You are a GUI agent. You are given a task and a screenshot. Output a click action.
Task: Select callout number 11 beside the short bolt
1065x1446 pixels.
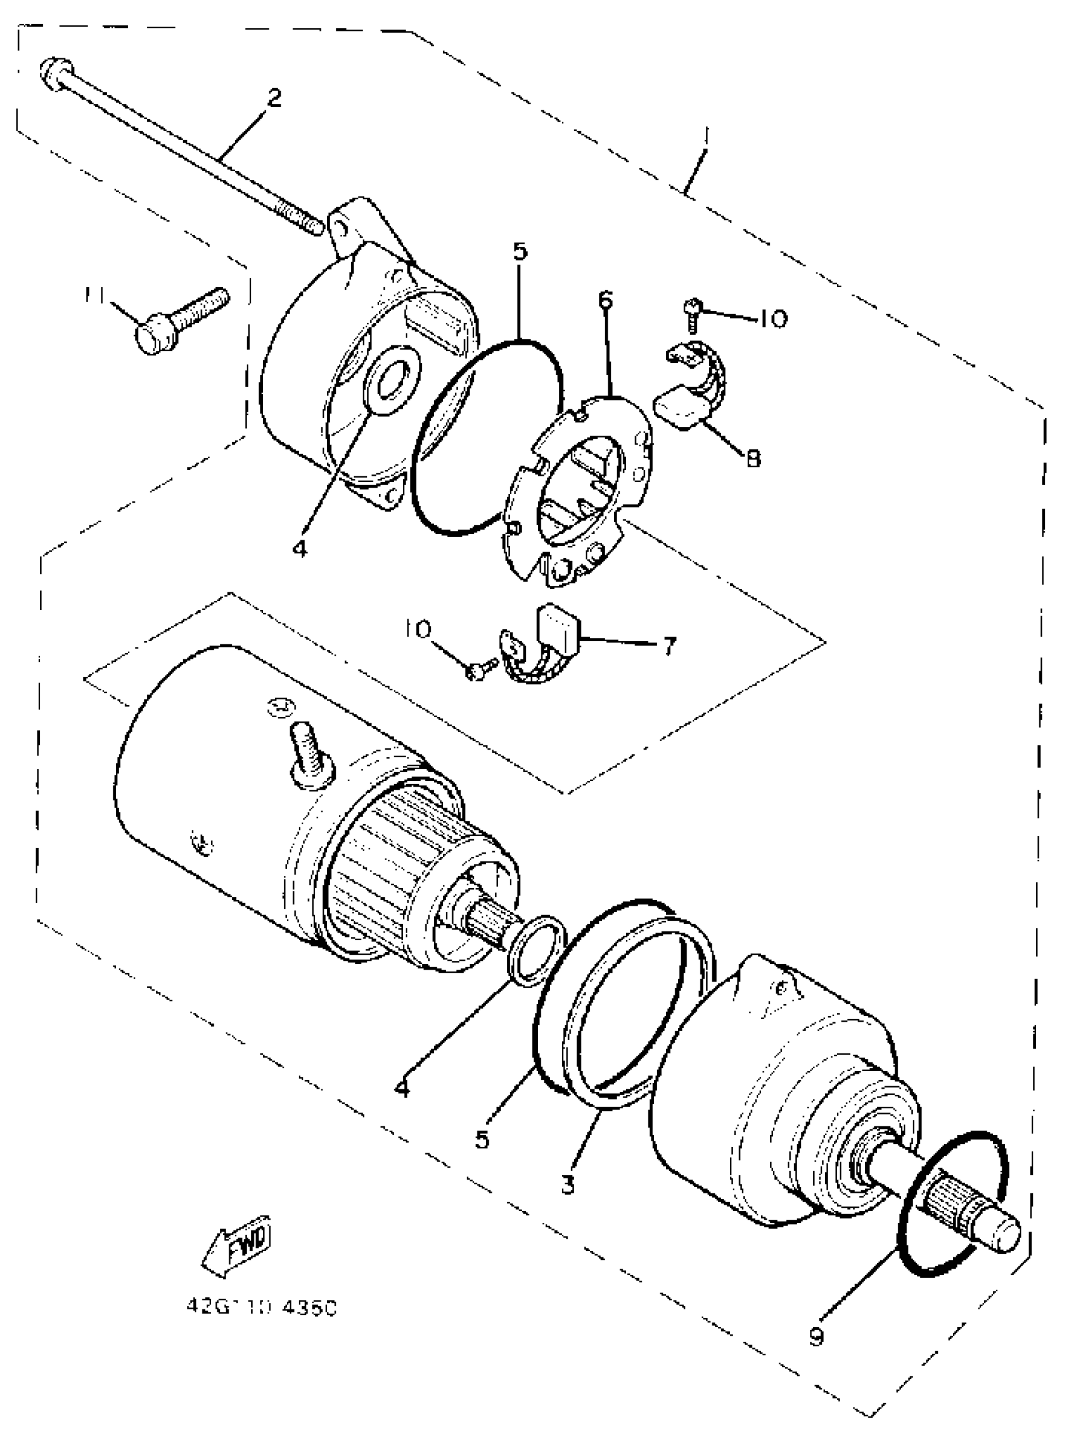coord(96,295)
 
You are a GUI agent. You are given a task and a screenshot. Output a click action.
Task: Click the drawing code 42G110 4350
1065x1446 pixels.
coord(262,1307)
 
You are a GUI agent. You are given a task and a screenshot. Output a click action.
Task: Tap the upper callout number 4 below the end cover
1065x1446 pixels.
coord(300,548)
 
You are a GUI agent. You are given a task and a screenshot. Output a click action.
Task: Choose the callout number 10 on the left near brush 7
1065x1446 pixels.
coord(420,628)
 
